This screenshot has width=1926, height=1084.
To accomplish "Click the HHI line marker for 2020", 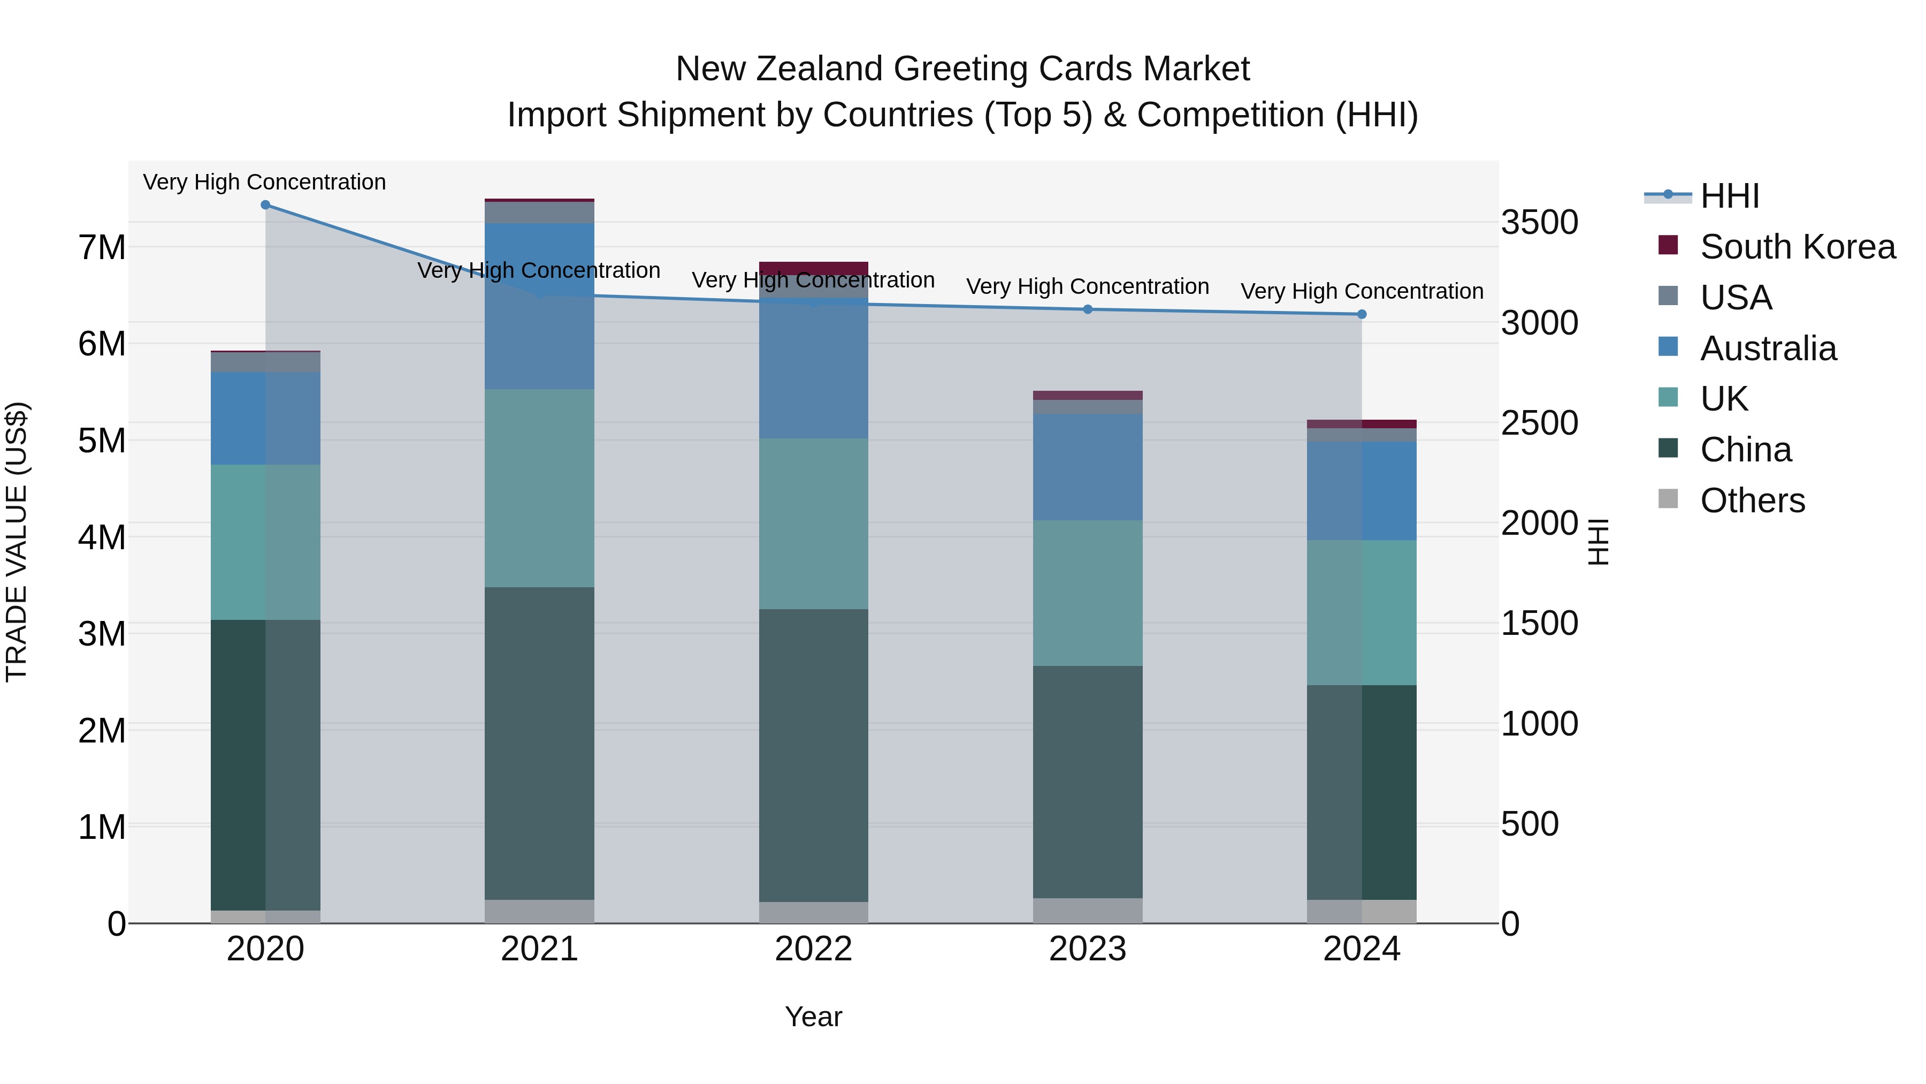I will click(265, 205).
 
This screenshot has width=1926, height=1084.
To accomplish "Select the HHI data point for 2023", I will click(1088, 310).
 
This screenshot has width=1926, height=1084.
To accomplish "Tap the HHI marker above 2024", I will click(1362, 314).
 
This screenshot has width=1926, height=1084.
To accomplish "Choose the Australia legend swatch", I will click(1668, 347).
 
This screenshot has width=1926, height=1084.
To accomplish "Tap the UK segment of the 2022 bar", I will click(813, 524).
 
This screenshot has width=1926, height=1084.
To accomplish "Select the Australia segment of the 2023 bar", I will click(1088, 467).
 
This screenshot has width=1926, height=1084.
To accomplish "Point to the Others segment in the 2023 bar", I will click(1088, 911).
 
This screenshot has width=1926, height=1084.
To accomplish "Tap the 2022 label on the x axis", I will click(813, 949).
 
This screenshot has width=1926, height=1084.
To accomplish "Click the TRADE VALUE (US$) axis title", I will click(17, 542).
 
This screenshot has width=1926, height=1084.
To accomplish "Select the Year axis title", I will click(813, 1017).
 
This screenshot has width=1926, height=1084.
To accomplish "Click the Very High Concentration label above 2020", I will click(265, 183).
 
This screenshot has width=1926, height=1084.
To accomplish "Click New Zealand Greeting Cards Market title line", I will click(962, 69).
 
